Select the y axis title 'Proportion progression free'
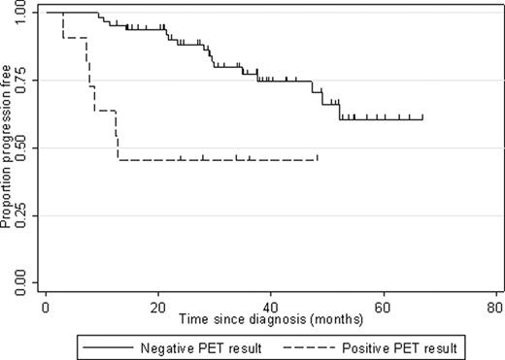click(7, 147)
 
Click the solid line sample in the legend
click(103, 344)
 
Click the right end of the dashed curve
click(317, 158)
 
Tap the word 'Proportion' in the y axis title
click(7, 202)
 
